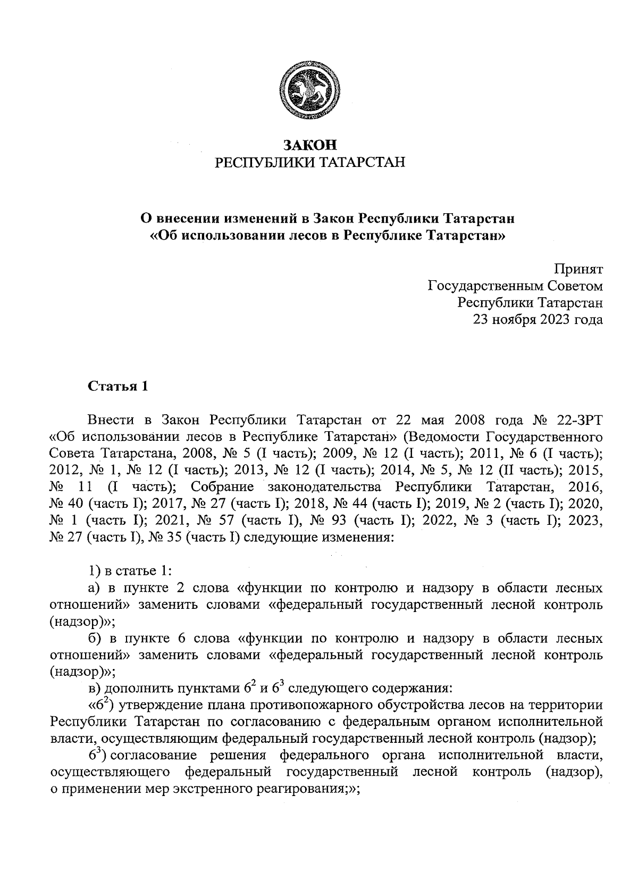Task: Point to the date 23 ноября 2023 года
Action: (539, 320)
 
